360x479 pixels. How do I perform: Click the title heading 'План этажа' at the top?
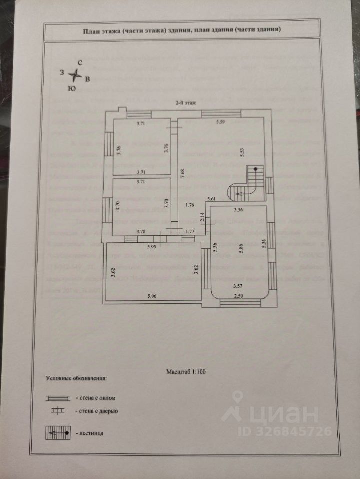(x=182, y=30)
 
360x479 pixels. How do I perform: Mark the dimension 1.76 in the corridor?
(x=189, y=204)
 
